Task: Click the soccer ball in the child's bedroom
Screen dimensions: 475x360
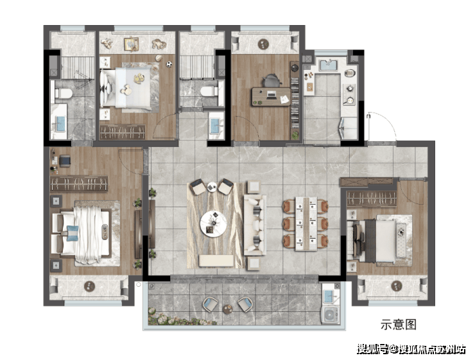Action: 169,64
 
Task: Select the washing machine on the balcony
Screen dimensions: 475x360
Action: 331,315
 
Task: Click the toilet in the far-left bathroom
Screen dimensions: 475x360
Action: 63,93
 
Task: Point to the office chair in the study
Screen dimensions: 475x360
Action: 271,81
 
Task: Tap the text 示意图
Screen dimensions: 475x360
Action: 399,325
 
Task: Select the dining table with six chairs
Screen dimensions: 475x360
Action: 306,223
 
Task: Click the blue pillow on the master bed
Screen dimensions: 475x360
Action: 73,234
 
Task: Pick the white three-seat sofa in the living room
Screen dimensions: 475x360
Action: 255,225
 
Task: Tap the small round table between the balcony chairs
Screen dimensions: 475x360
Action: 227,309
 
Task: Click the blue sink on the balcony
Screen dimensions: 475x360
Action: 329,296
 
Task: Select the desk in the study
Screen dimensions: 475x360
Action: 271,97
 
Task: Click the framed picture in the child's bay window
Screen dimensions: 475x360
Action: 131,44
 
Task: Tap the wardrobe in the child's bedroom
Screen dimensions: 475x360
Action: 122,132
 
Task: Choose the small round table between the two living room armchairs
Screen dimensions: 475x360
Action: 212,187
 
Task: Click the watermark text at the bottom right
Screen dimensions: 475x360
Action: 411,349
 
